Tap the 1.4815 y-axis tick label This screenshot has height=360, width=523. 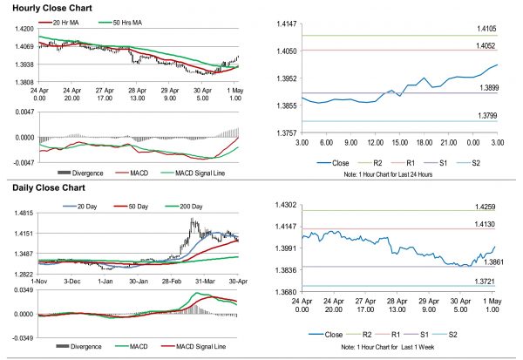point(23,213)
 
